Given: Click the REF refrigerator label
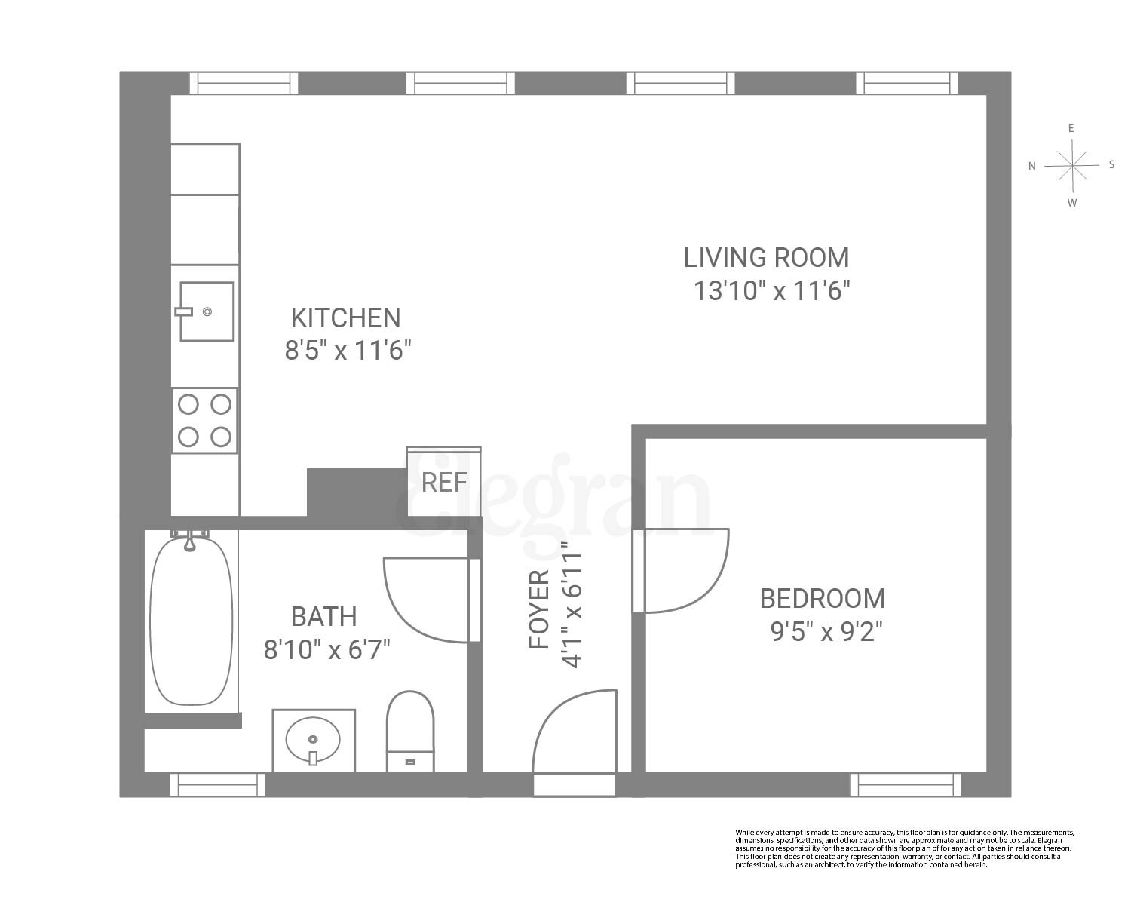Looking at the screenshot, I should (x=444, y=482).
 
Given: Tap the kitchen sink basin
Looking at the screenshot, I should (x=206, y=311).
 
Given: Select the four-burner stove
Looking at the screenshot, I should (x=204, y=421).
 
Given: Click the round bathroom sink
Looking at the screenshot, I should (x=313, y=741).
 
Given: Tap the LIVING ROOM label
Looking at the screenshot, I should (x=766, y=258).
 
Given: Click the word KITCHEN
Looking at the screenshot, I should (x=346, y=318).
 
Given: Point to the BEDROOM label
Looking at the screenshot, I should (x=822, y=599).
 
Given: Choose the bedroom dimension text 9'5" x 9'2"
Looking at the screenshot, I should (x=826, y=631).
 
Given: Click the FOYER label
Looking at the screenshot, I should (x=540, y=609).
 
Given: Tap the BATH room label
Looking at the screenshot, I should (x=323, y=617).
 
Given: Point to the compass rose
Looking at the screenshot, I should (x=1071, y=165).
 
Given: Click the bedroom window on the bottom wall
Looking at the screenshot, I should (x=905, y=784).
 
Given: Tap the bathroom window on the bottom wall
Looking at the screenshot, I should (x=219, y=784).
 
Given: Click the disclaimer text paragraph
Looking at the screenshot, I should (x=904, y=848).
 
